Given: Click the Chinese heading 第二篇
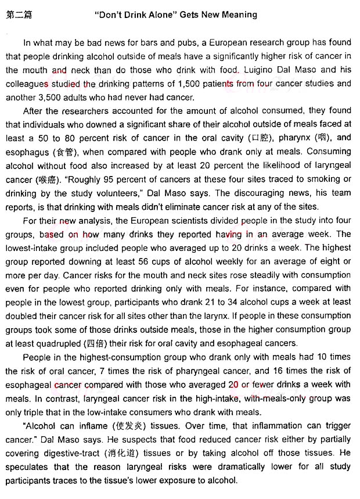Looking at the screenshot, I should [19, 15].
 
